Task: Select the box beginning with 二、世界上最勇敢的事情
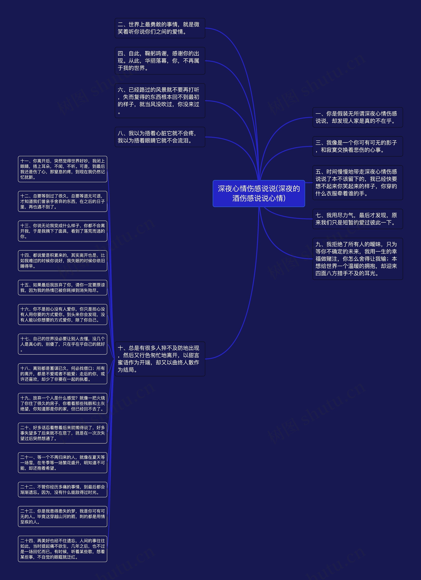point(160,28)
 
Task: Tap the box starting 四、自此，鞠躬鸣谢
point(160,61)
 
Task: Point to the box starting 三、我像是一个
point(358,146)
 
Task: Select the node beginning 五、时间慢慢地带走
point(358,183)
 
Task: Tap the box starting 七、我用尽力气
point(358,219)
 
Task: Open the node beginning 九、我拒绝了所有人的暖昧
point(358,259)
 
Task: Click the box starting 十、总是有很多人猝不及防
point(160,359)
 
